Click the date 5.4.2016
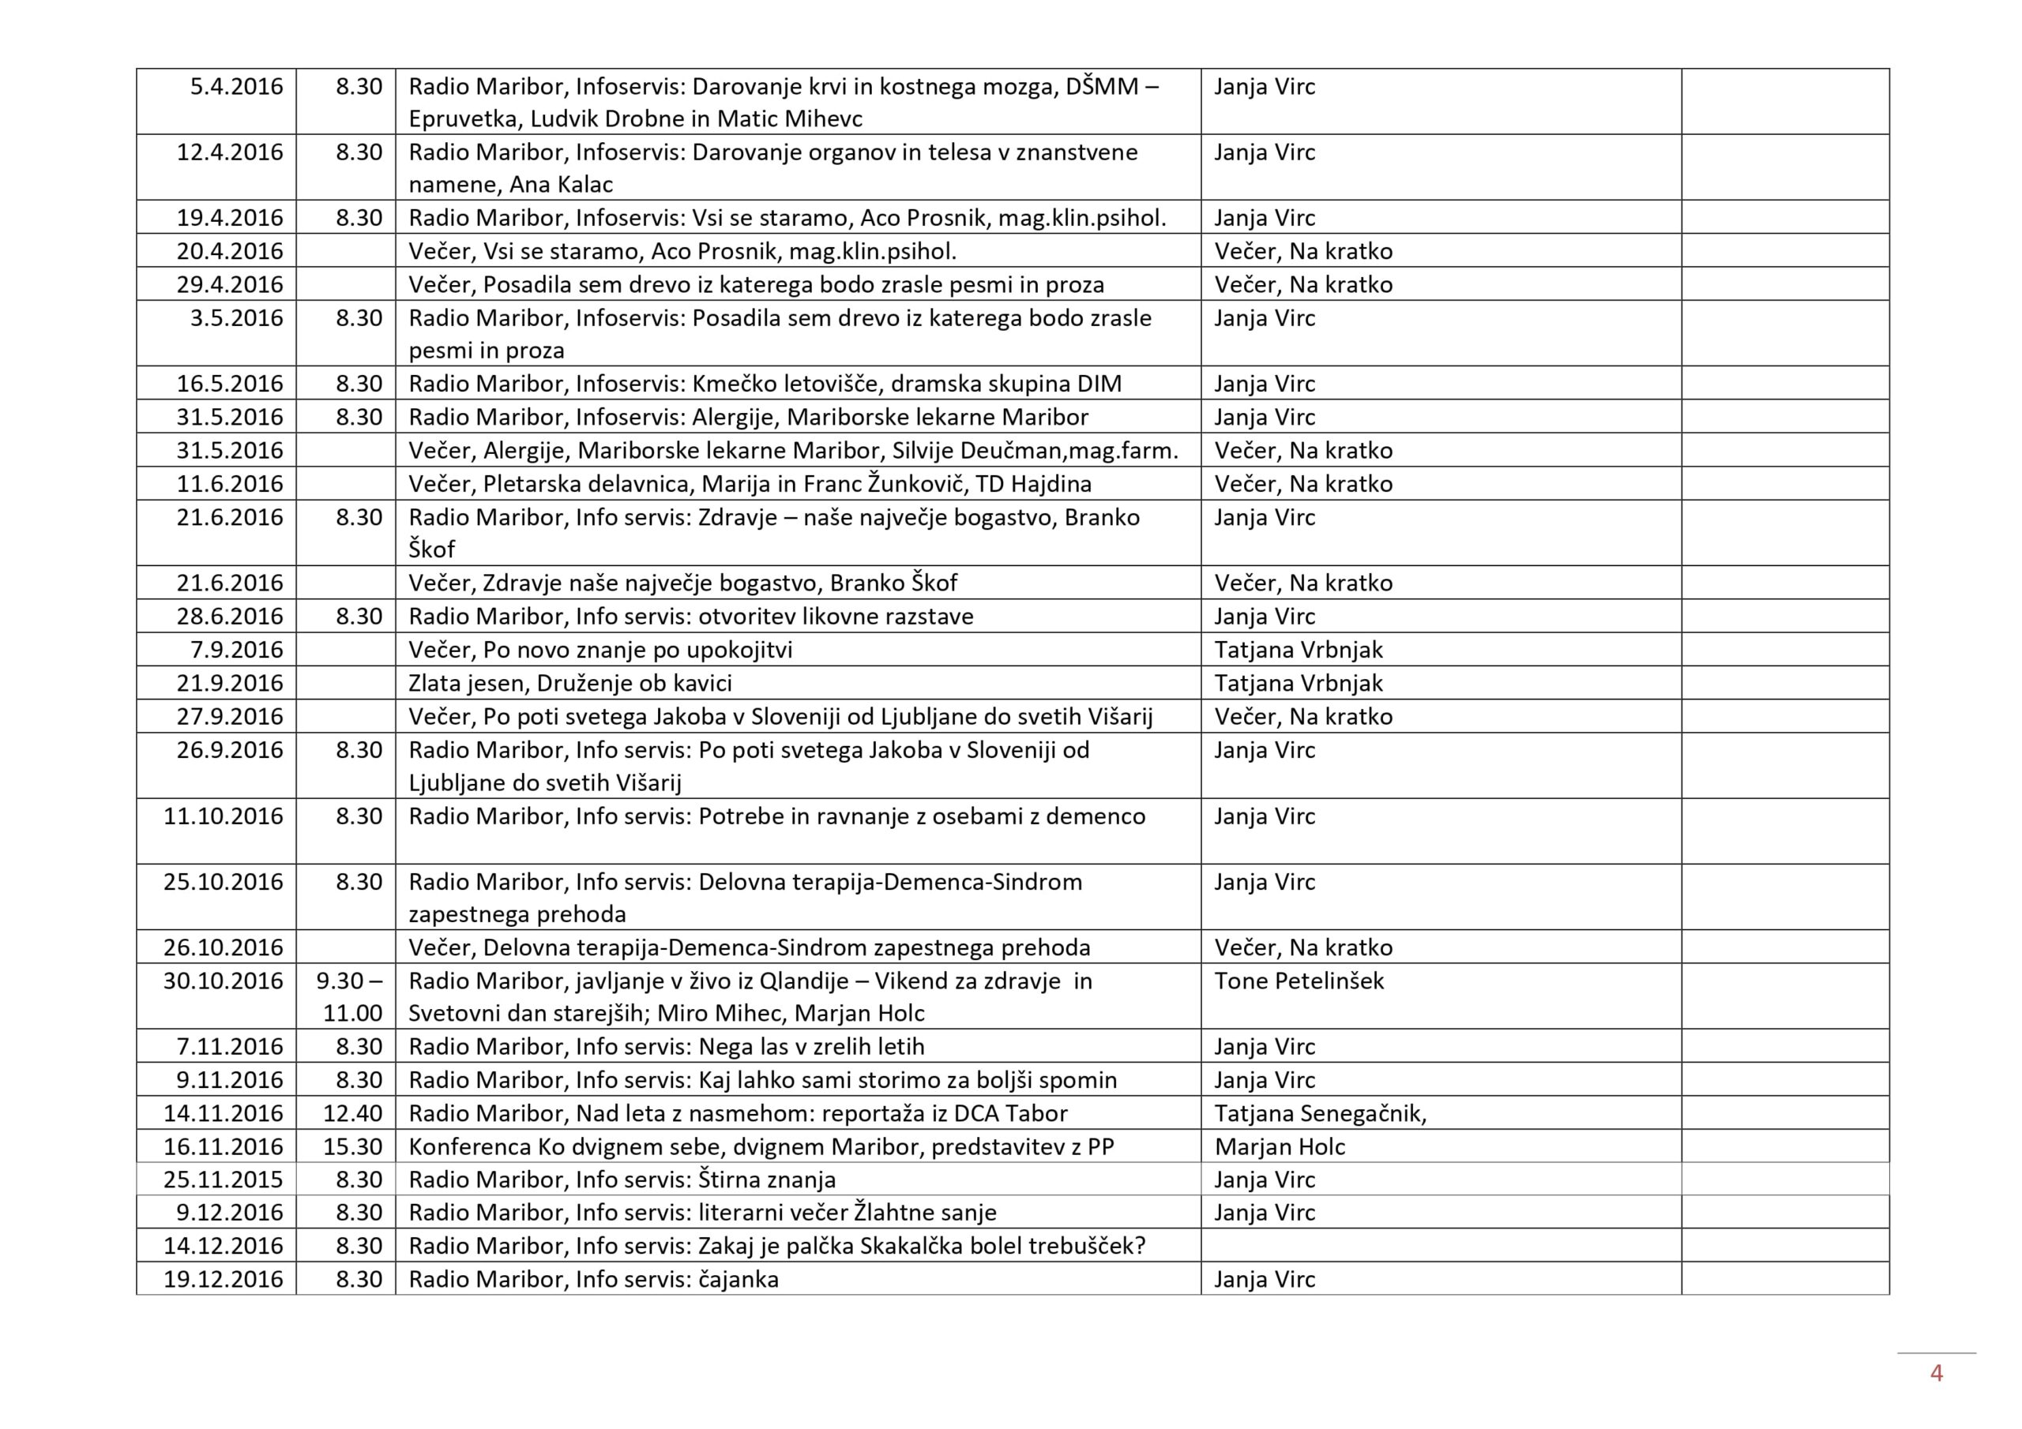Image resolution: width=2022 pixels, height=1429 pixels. pos(236,86)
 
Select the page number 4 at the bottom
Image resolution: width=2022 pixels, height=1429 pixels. pos(1936,1373)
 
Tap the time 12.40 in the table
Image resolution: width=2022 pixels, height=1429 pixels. pos(352,1113)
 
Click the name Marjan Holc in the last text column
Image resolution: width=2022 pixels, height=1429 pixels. pos(1280,1146)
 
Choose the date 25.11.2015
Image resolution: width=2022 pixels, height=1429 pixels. pos(223,1180)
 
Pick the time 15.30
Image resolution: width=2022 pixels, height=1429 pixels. pos(352,1146)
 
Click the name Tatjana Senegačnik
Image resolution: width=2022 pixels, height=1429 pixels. pos(1319,1113)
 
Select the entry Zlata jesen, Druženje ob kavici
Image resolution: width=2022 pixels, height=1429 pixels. pos(569,683)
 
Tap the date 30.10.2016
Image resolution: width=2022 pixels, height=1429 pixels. pos(223,981)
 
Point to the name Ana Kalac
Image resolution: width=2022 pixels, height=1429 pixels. pos(573,185)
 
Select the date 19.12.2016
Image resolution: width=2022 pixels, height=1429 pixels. pos(223,1279)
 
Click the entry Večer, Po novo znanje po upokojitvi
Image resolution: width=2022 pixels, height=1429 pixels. pos(599,650)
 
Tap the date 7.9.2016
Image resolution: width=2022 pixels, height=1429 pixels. pos(236,650)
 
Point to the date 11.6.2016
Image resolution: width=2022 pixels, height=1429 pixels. pos(229,484)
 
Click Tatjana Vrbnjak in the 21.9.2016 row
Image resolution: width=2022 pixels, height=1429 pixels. pos(1298,683)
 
